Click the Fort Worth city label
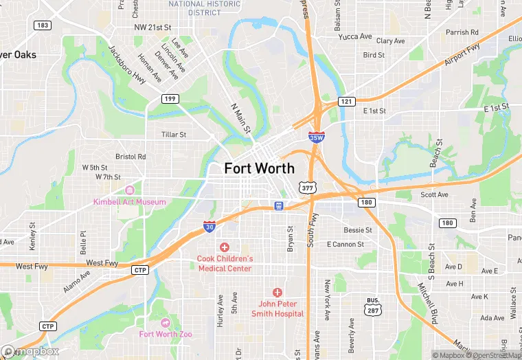259,168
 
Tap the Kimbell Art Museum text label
130,202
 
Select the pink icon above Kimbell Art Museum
130,190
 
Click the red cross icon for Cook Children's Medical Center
224,247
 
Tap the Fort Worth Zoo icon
165,323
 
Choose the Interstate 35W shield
317,137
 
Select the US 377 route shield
308,187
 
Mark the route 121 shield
347,102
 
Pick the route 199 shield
170,99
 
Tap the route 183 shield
42,25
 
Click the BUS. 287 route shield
373,306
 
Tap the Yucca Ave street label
355,36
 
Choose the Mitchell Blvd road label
429,296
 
